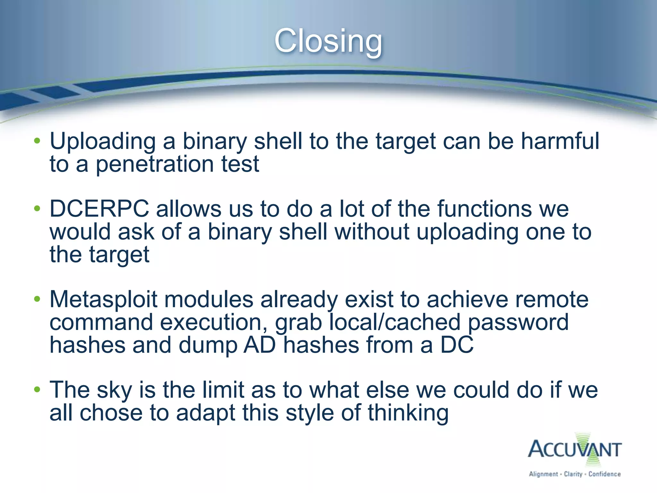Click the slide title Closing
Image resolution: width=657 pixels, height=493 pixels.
click(x=328, y=41)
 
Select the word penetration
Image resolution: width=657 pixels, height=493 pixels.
click(x=155, y=164)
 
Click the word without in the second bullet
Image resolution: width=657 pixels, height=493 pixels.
click(x=372, y=232)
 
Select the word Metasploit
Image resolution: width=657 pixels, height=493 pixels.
click(x=103, y=299)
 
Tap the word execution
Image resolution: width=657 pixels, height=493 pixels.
click(x=214, y=322)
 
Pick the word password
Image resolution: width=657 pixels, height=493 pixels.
click(x=518, y=322)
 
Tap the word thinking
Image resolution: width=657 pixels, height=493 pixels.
click(x=408, y=413)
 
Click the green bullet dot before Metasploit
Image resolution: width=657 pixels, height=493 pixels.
click(x=37, y=299)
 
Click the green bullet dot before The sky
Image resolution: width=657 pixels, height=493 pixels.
click(x=37, y=390)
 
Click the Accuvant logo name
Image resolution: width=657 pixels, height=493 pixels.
click(x=575, y=449)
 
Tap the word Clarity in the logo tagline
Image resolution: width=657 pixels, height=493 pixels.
click(x=573, y=474)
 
